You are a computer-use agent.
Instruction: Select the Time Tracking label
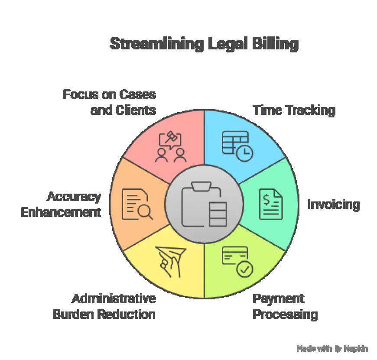coord(294,110)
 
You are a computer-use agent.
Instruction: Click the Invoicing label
coord(333,204)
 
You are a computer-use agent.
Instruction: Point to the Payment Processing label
coord(285,306)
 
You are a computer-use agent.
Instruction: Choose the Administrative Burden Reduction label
coord(104,306)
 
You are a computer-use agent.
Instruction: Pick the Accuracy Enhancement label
coord(61,204)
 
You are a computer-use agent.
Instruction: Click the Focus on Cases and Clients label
coord(109,102)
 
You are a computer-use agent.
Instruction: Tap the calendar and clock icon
coord(237,145)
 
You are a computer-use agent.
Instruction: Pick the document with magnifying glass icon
coord(137,204)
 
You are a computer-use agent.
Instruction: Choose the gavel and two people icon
coord(171,146)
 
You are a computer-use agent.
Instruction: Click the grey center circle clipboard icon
coord(204,204)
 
